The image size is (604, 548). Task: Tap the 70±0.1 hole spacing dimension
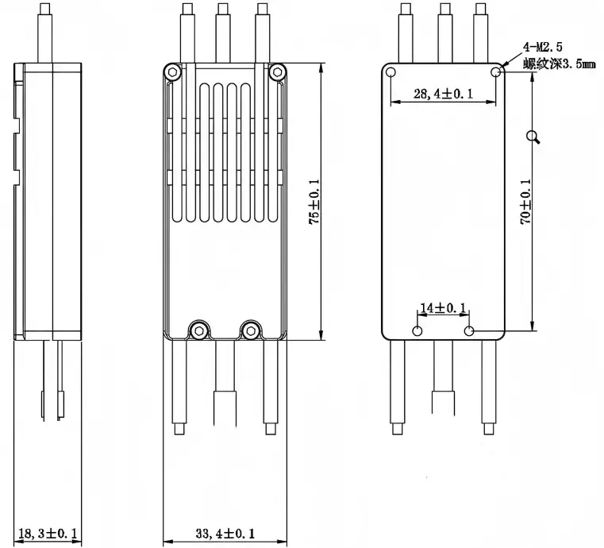tap(525, 203)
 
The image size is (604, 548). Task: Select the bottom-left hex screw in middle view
tap(196, 328)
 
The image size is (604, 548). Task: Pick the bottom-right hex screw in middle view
tap(252, 328)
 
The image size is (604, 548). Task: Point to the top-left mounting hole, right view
tap(391, 73)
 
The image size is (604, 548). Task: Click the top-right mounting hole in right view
tap(496, 73)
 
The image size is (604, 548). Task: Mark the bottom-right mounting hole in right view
tap(470, 330)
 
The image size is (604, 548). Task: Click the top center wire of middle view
tap(224, 32)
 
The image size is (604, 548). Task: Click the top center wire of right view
tap(444, 32)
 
